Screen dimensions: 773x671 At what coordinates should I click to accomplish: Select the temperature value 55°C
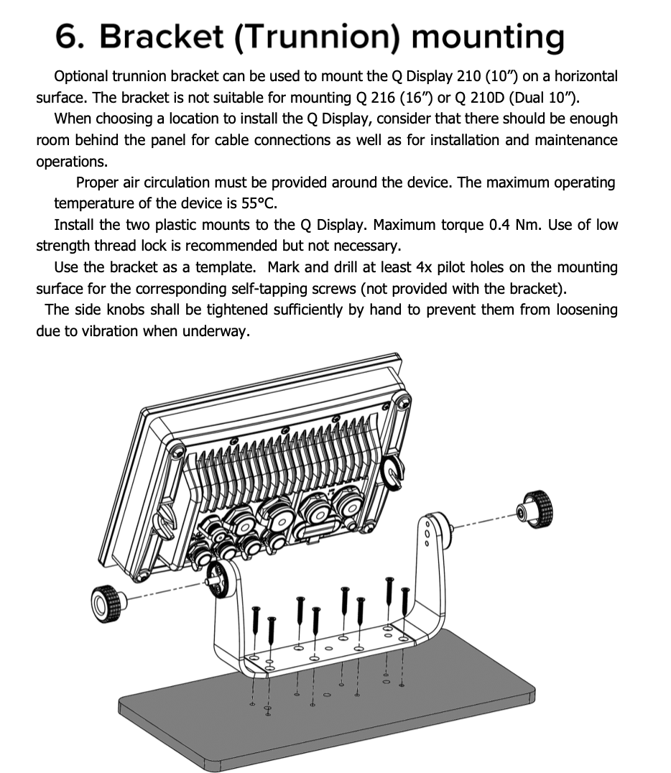click(x=255, y=203)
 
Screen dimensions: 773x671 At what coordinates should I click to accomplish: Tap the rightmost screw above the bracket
click(x=406, y=607)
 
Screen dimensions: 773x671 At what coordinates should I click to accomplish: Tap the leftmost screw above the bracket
click(x=256, y=621)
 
